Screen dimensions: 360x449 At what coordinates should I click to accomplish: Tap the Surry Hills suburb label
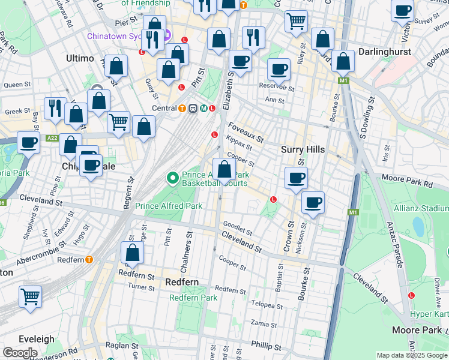point(303,149)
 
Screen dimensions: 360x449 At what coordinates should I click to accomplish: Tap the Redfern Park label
point(193,298)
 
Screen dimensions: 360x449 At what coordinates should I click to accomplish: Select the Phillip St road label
point(266,347)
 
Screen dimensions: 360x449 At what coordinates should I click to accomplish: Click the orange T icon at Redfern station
point(89,260)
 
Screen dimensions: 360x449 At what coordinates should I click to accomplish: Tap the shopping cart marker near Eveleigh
point(30,296)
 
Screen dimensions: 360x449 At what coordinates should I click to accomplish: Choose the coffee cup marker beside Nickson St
point(312,202)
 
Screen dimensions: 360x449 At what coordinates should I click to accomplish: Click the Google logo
point(20,353)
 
